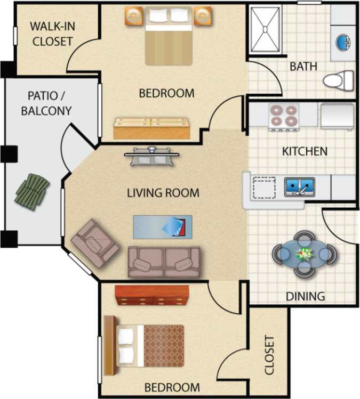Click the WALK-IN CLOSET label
click(x=51, y=34)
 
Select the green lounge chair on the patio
click(x=33, y=189)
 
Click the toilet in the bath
click(x=338, y=80)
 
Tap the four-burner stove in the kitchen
click(x=283, y=116)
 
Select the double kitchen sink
click(x=299, y=187)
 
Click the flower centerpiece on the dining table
click(x=305, y=253)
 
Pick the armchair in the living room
click(x=95, y=242)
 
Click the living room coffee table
click(x=162, y=226)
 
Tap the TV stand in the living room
click(x=152, y=156)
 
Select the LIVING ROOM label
click(x=163, y=193)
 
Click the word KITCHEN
click(x=305, y=151)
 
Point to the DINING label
click(x=305, y=296)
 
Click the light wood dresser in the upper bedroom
click(x=151, y=128)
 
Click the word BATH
click(x=303, y=67)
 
